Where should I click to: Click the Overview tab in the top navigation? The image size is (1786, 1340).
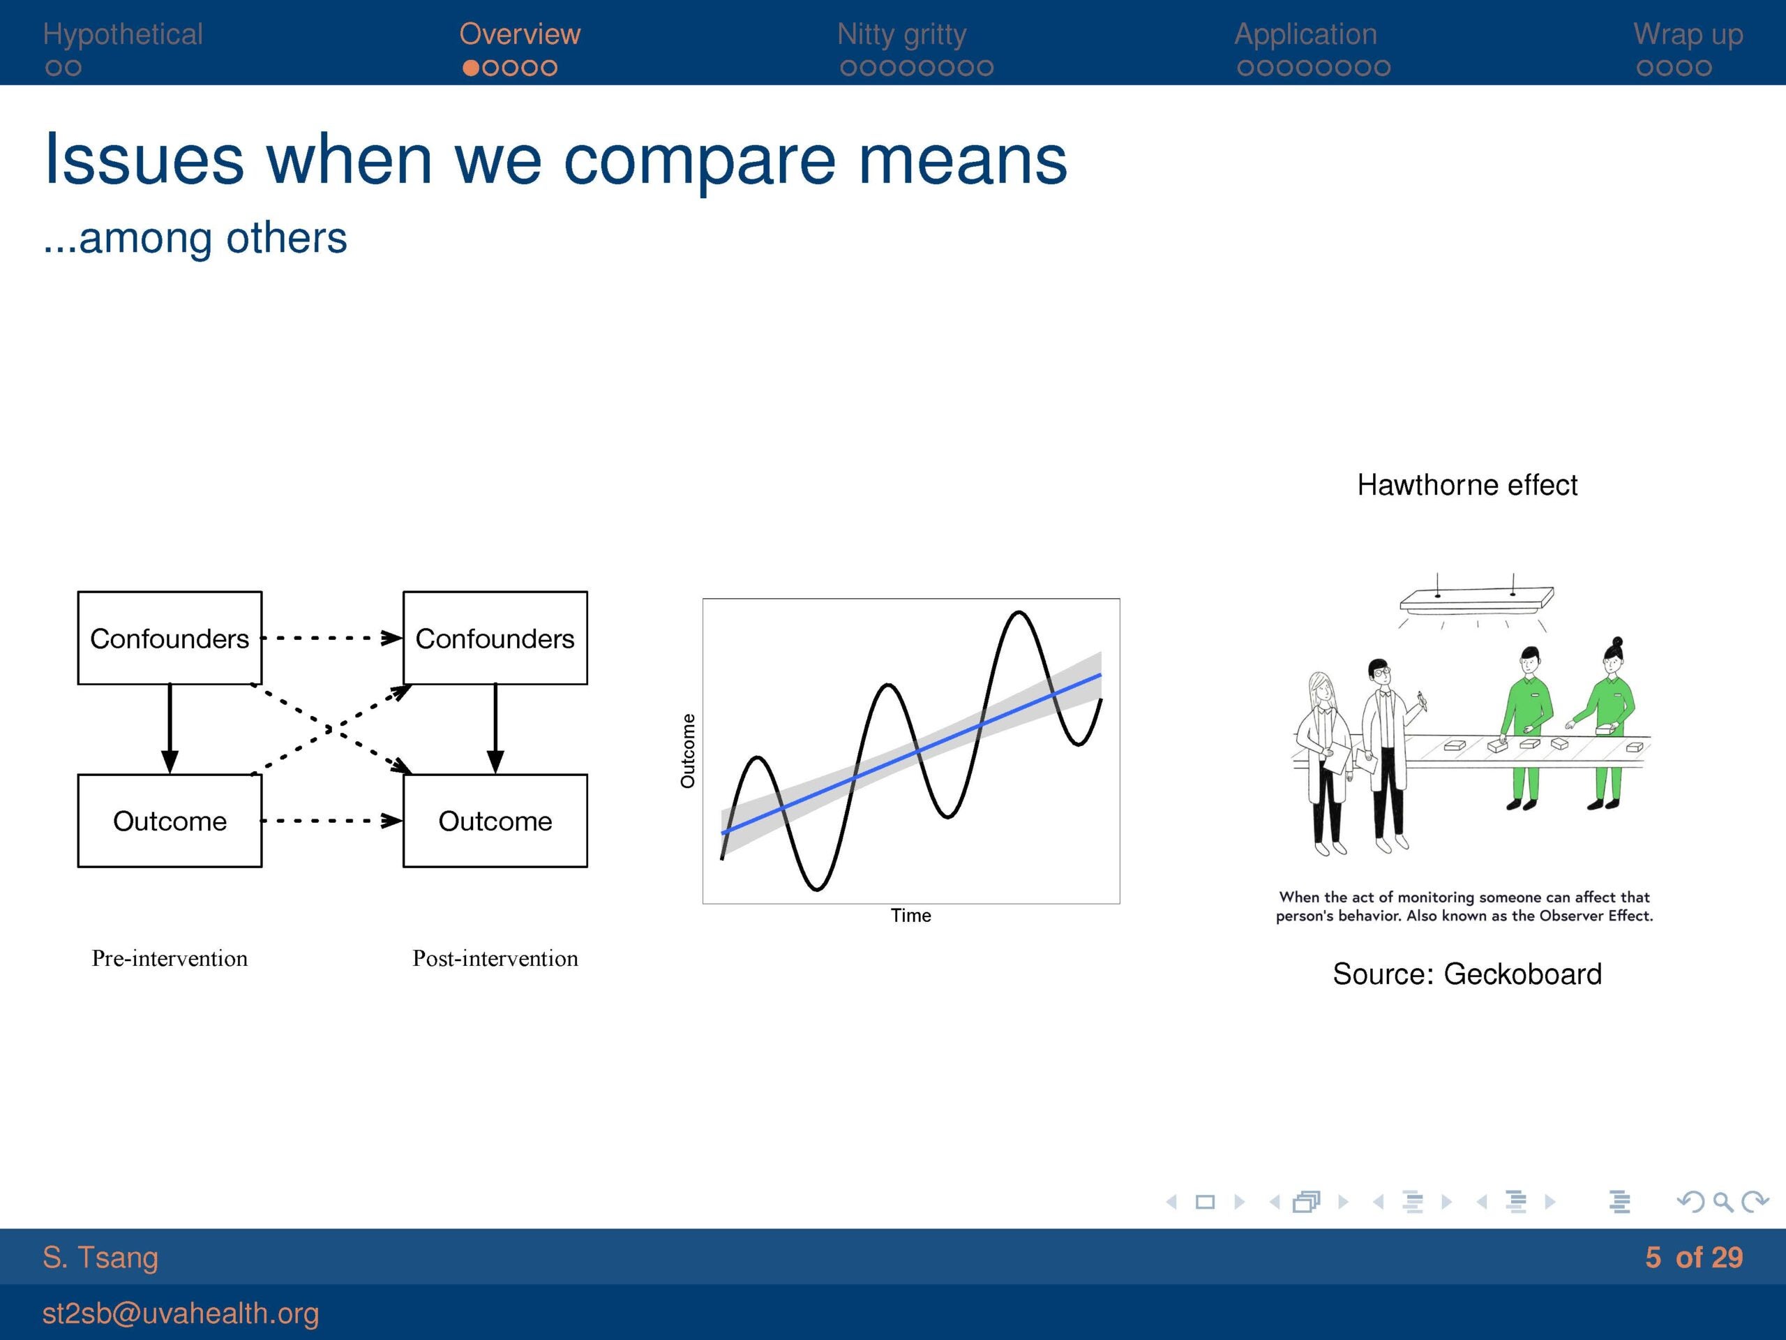point(519,34)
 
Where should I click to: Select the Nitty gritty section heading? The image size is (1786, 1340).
point(901,35)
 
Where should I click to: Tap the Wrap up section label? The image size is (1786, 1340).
point(1688,35)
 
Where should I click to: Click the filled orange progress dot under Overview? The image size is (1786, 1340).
point(471,68)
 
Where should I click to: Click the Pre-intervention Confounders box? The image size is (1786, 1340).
point(170,638)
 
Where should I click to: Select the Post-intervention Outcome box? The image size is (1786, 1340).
point(495,821)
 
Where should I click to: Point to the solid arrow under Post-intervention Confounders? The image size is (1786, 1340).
point(495,729)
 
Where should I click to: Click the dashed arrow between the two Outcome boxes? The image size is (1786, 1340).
point(332,821)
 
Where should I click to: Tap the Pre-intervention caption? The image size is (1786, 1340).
point(170,958)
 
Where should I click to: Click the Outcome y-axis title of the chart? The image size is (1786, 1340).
point(687,751)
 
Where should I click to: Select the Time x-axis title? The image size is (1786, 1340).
point(910,915)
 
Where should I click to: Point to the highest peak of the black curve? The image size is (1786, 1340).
point(1019,613)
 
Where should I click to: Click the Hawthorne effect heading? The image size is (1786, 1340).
point(1467,484)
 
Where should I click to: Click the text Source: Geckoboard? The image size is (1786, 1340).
point(1467,974)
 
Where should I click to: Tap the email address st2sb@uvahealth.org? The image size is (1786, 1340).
point(181,1313)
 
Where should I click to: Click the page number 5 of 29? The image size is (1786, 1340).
point(1694,1257)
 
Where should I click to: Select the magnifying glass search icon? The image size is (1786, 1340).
point(1723,1202)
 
